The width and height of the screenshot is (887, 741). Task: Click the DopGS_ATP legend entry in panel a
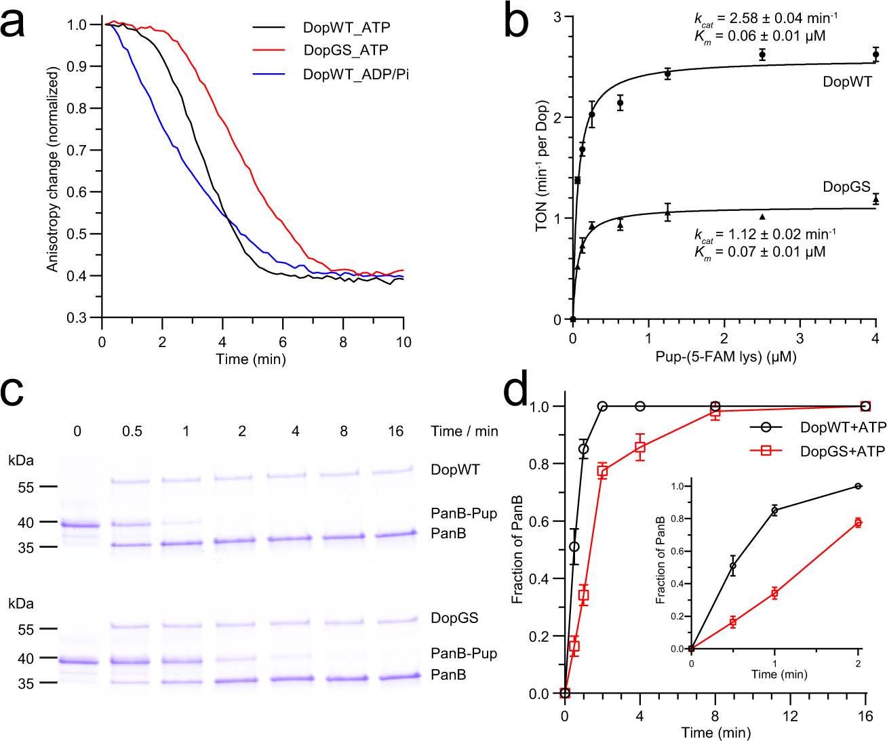pyautogui.click(x=345, y=50)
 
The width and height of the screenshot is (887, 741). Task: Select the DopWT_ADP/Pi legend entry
pyautogui.click(x=355, y=74)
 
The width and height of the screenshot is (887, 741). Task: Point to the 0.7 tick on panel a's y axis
pyautogui.click(x=77, y=150)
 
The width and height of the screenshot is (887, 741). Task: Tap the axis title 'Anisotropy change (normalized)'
pyautogui.click(x=52, y=169)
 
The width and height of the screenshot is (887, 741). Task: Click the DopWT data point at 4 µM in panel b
pyautogui.click(x=875, y=55)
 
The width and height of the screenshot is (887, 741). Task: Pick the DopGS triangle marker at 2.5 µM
pyautogui.click(x=762, y=217)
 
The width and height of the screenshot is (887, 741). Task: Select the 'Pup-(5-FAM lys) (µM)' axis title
pyautogui.click(x=726, y=357)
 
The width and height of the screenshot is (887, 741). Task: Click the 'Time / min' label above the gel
pyautogui.click(x=464, y=431)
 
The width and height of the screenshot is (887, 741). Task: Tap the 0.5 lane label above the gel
pyautogui.click(x=132, y=431)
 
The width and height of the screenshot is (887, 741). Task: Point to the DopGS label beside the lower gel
pyautogui.click(x=454, y=618)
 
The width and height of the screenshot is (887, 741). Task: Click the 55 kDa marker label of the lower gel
pyautogui.click(x=26, y=630)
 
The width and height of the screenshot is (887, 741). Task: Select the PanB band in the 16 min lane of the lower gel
pyautogui.click(x=395, y=676)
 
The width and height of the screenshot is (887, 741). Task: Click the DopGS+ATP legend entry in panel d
pyautogui.click(x=842, y=452)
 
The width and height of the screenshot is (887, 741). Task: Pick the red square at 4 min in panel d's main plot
pyautogui.click(x=639, y=447)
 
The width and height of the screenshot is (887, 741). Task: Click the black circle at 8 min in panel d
pyautogui.click(x=715, y=406)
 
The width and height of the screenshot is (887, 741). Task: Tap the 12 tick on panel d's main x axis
pyautogui.click(x=790, y=716)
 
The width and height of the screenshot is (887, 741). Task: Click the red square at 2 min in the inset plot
pyautogui.click(x=858, y=523)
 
